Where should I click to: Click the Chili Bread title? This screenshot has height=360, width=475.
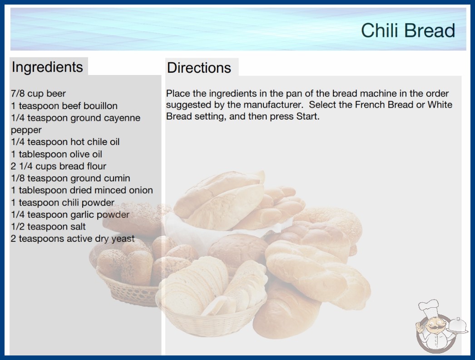coord(408,30)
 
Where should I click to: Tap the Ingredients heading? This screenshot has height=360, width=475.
coord(47,67)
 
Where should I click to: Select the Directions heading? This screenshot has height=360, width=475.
coord(199,68)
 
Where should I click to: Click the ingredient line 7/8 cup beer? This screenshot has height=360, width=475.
coord(38,94)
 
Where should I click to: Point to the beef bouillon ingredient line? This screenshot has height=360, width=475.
coord(64,105)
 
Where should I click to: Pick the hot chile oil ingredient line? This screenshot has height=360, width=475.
coord(65,142)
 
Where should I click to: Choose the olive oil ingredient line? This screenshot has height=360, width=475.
coord(56,154)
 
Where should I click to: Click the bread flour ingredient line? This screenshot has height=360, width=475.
coord(59,166)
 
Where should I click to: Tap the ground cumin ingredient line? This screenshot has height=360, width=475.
coord(70,178)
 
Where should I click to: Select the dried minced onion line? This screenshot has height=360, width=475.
coord(82,190)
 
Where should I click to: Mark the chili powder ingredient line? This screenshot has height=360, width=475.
coord(62,202)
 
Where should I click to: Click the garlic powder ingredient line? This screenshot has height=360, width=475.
coord(70,215)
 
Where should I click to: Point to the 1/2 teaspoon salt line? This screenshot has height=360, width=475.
coord(48,226)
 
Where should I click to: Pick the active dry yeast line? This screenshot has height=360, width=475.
coord(73,239)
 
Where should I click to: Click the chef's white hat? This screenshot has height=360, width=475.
coord(428,307)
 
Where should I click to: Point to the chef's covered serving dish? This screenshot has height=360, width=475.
coord(458,326)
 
